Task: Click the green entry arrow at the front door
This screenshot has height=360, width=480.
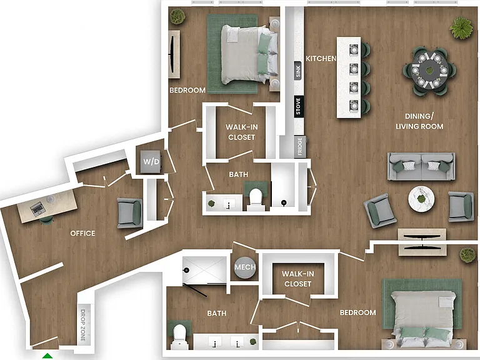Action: tap(47, 356)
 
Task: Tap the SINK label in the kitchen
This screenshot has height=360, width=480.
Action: tap(298, 71)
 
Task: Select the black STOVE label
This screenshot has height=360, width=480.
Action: tap(298, 106)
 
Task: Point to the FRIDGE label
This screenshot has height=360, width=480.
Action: tap(300, 147)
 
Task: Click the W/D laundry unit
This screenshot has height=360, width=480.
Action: tap(151, 161)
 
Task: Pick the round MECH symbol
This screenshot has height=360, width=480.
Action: tap(245, 267)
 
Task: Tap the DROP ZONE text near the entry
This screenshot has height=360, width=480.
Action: tap(83, 325)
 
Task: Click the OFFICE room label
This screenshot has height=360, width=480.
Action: tap(82, 233)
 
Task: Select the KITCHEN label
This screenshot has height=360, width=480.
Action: tap(321, 58)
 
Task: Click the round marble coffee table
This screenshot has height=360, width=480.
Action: tap(421, 199)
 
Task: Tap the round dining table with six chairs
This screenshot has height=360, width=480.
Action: tap(430, 71)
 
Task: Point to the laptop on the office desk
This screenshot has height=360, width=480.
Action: tap(38, 210)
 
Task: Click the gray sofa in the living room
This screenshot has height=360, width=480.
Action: tap(421, 166)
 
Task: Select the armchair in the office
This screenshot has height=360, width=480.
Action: tap(130, 212)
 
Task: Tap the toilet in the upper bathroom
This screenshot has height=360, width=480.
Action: tap(256, 199)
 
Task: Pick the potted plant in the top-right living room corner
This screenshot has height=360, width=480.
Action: tap(461, 28)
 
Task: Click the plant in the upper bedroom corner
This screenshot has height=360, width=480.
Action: tap(177, 16)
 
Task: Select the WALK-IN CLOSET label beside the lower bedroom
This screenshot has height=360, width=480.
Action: tap(297, 279)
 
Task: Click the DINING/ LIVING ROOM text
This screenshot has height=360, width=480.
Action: tap(419, 121)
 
